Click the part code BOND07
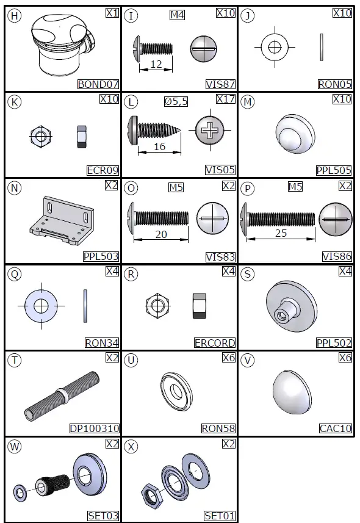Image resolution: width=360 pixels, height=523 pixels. coord(98,84)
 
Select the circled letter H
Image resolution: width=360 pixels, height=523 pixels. coord(15,16)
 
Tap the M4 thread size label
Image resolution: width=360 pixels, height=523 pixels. coord(177,15)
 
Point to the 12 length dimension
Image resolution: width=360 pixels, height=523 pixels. coord(156,64)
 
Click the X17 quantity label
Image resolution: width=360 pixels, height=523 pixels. coord(226,99)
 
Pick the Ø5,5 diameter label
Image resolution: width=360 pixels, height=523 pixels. coord(176,101)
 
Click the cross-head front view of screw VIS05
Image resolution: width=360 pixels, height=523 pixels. coord(210,130)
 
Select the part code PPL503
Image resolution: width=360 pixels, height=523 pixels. coord(101,256)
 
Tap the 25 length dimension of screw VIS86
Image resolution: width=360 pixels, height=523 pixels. coord(281,233)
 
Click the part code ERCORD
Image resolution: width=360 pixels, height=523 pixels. coord(215,342)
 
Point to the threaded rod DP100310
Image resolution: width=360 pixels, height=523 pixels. coord(62,396)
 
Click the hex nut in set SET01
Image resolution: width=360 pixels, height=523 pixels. coord(152,494)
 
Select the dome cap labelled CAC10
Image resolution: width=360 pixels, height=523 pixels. coord(293,392)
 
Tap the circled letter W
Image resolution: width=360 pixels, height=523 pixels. coord(15,446)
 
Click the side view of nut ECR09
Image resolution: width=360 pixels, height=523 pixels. coord(82,137)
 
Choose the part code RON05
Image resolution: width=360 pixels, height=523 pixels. coord(335,84)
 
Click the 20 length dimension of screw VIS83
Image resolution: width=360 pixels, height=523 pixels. coord(161,234)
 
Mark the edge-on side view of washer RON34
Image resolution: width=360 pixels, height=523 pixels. coord(85,306)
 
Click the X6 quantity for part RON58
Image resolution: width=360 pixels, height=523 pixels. coord(229,358)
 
